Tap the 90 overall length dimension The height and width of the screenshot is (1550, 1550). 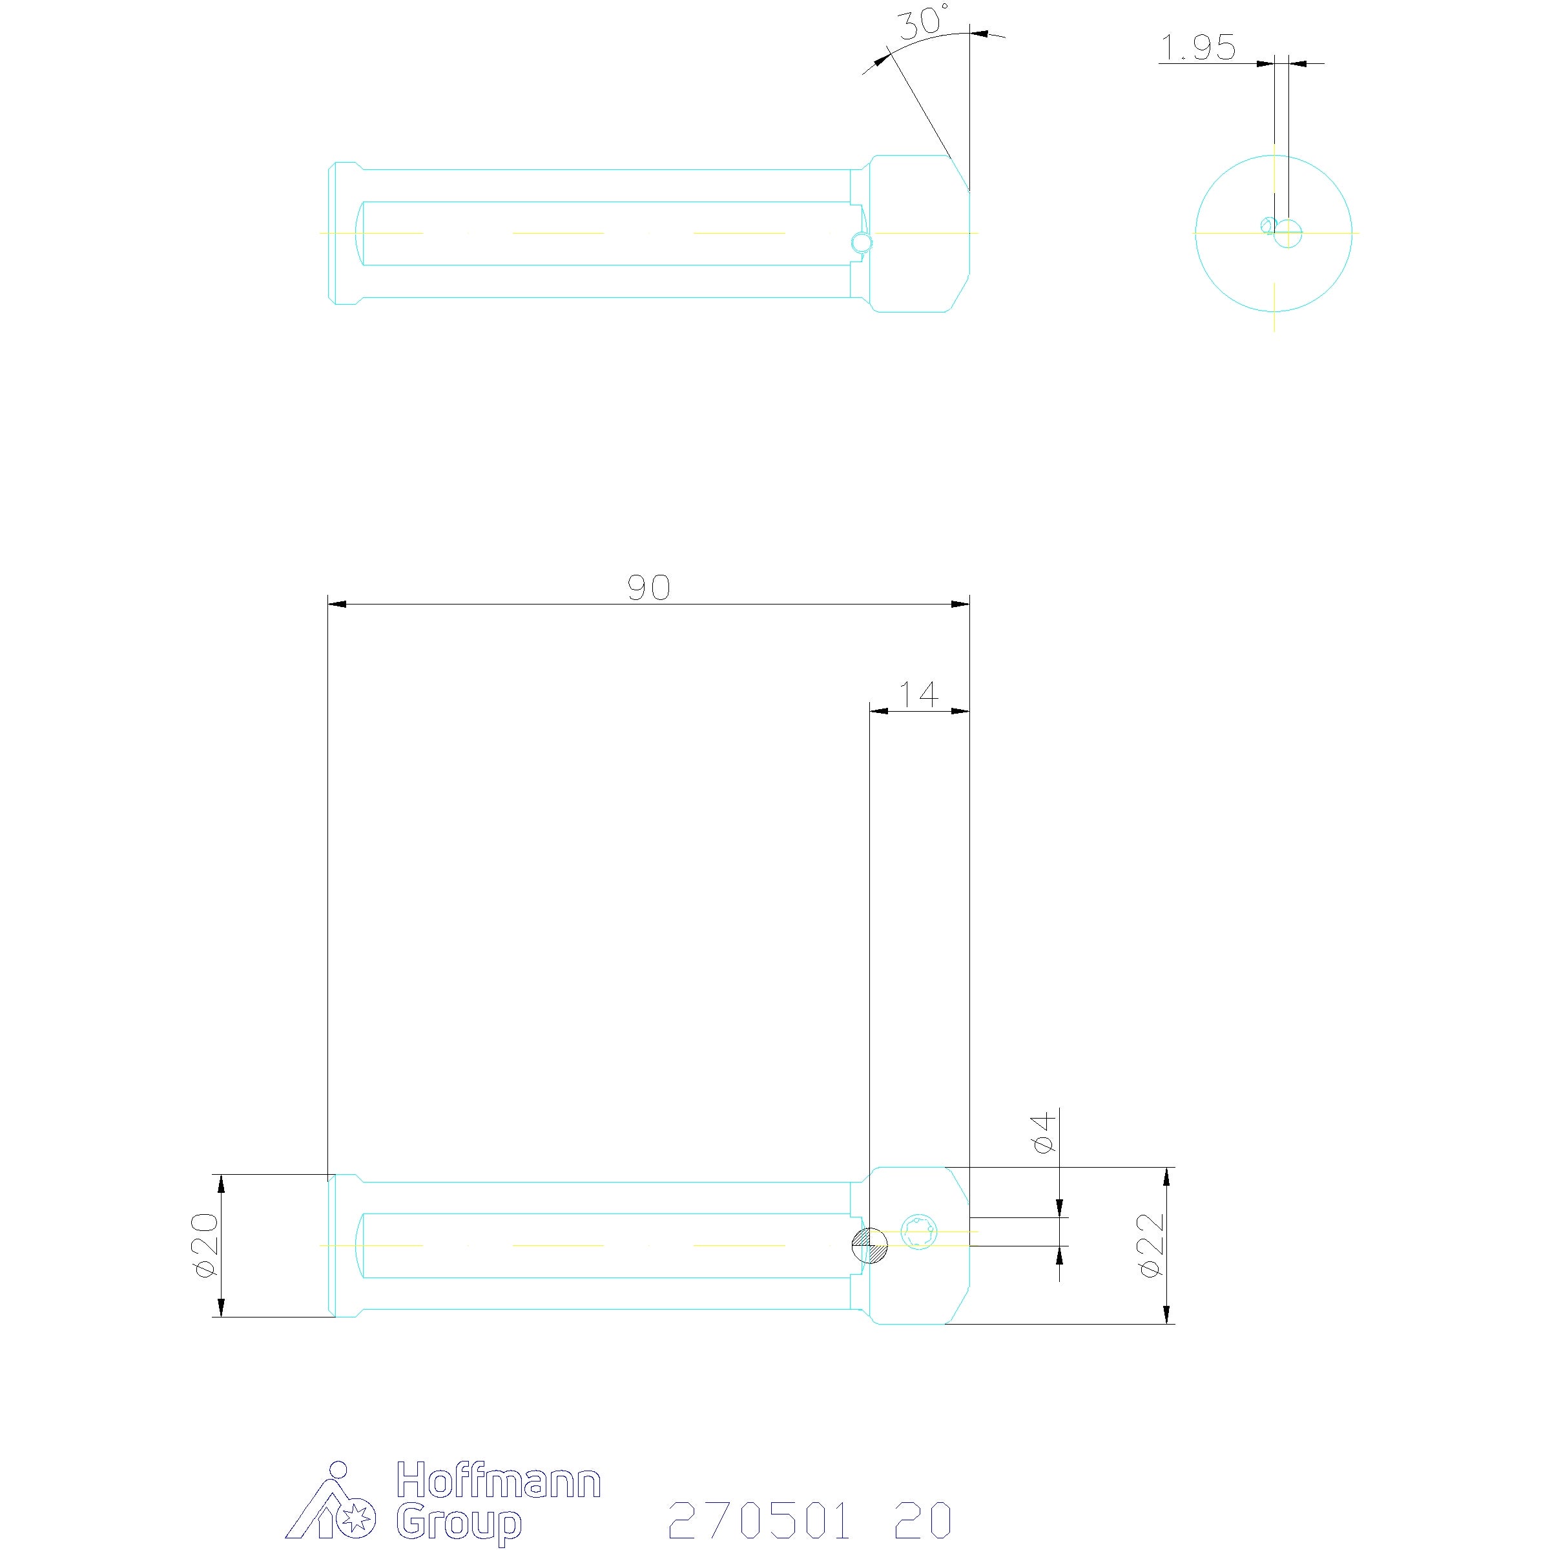(x=648, y=588)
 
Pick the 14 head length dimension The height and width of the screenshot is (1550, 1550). (x=918, y=694)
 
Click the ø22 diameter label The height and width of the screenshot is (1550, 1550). (x=1150, y=1245)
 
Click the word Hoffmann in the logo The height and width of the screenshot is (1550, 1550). (x=499, y=1480)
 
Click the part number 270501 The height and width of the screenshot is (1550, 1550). (x=759, y=1519)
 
